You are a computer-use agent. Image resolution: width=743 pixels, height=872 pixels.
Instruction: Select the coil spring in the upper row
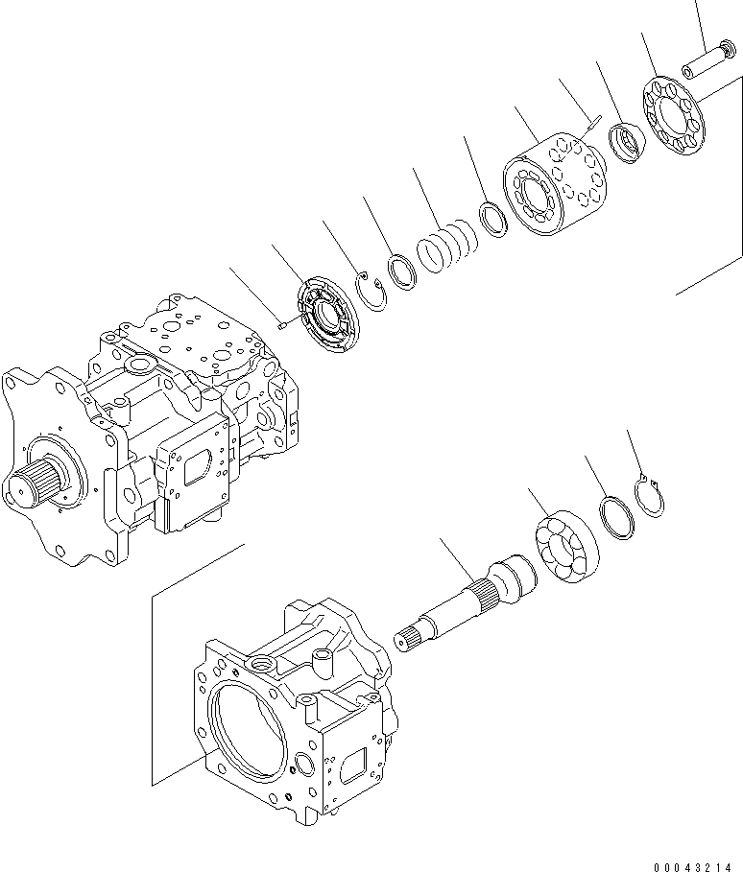coord(446,247)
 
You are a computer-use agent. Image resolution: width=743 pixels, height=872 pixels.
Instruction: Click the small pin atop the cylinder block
coord(593,122)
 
